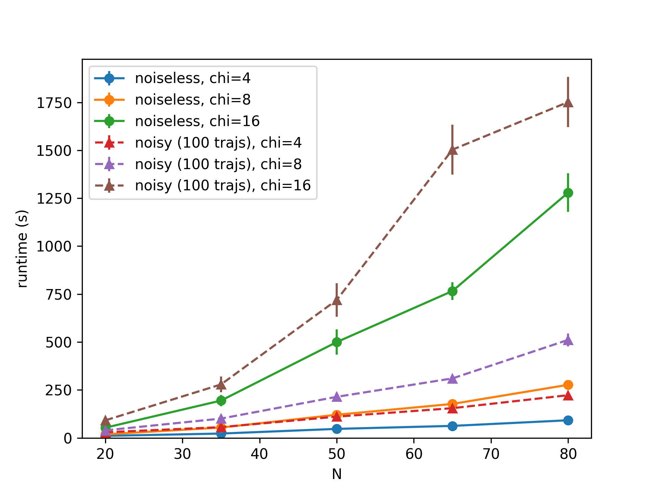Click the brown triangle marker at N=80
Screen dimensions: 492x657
coord(568,102)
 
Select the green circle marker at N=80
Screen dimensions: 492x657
coord(568,193)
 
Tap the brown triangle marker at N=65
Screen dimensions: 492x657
coord(452,150)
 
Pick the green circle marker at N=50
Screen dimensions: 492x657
coord(337,342)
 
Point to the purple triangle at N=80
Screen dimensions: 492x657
coord(568,340)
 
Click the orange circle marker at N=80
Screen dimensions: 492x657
coord(568,385)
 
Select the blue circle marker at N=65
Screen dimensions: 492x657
coord(452,426)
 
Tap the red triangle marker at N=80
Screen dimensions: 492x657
coord(568,395)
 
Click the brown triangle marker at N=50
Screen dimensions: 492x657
coord(337,300)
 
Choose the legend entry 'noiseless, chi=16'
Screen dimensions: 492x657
coord(197,121)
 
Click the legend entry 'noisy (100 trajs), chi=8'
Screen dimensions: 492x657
coord(218,164)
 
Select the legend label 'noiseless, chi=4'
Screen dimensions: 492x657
coord(193,78)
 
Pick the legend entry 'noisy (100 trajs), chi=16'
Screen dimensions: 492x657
coord(223,186)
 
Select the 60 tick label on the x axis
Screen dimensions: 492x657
coord(414,454)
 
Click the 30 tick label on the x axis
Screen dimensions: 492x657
coord(182,454)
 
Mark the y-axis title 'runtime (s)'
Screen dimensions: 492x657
coord(23,249)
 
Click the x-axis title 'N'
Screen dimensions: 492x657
coord(337,474)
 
